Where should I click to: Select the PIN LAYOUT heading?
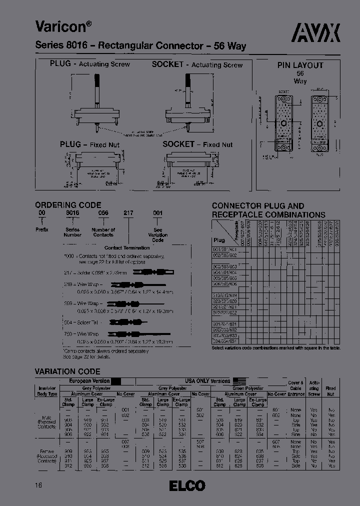[300, 65]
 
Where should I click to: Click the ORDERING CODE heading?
[68, 205]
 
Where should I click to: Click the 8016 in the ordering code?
[72, 213]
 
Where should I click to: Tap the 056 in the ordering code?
[102, 213]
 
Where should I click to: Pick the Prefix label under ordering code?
[42, 229]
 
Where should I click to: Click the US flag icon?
[239, 381]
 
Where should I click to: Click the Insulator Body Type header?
[47, 391]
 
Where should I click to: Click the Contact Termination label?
[127, 247]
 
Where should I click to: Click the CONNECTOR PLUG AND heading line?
[257, 205]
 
